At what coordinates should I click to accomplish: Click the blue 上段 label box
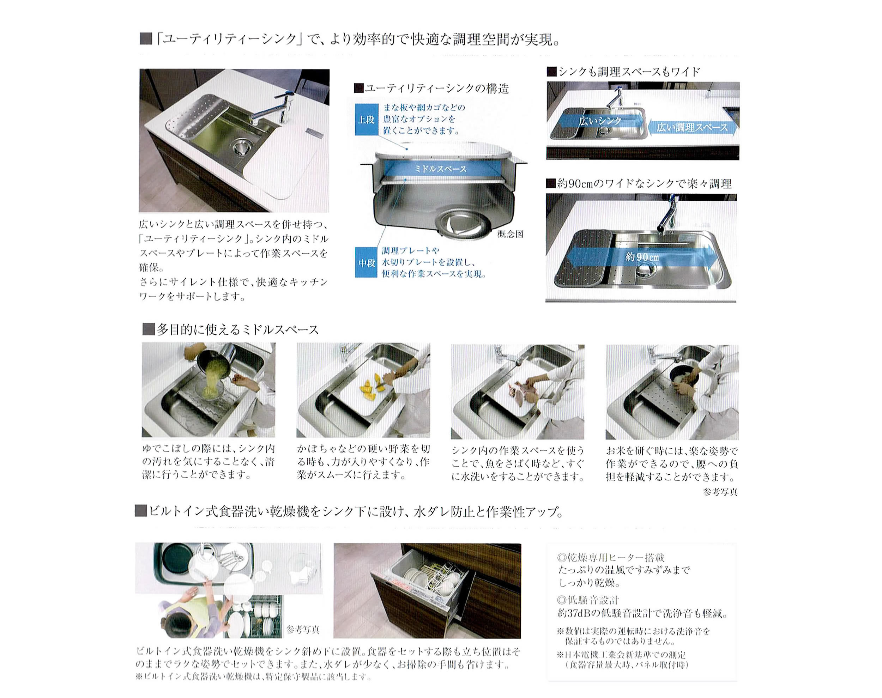pos(366,119)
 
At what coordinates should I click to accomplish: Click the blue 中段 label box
pos(366,263)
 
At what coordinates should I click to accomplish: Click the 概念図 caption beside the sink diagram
pos(510,235)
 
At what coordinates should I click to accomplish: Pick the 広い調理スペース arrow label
pos(692,128)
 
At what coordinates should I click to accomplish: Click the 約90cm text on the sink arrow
pos(642,257)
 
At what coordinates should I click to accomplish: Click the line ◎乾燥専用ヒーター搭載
pos(611,557)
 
